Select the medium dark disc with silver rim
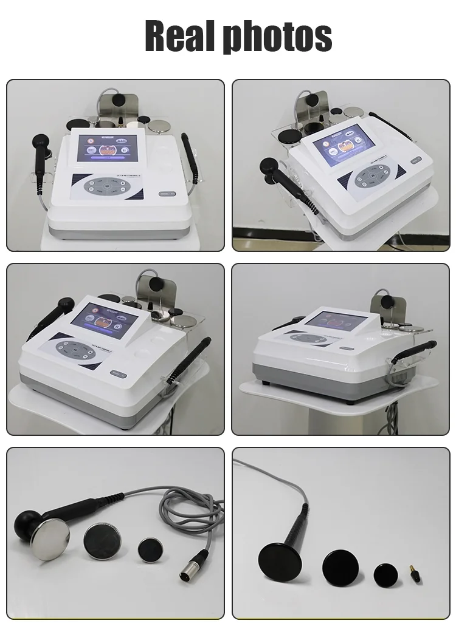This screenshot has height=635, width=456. coord(102,538)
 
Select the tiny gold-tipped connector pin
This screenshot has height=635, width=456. coord(415,572)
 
